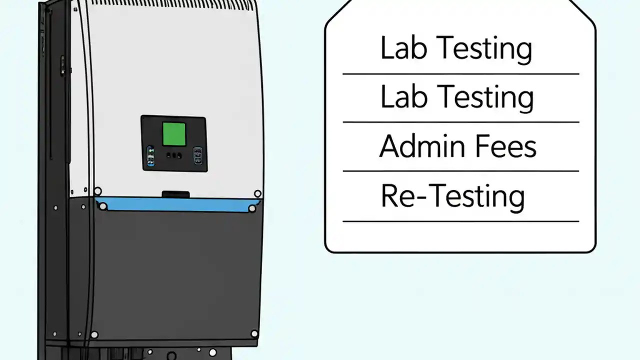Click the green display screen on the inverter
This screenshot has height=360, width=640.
(x=174, y=134)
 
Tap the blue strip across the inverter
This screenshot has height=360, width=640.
(x=177, y=204)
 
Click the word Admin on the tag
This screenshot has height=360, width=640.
(x=421, y=146)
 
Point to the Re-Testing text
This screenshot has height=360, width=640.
(x=453, y=196)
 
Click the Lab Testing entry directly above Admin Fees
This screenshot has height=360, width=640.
(x=457, y=97)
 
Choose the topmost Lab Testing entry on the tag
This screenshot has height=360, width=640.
(x=456, y=48)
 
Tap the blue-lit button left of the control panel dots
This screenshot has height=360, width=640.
(x=150, y=156)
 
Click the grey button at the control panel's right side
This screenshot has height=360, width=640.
(x=197, y=155)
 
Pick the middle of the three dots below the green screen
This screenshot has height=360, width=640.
(x=173, y=155)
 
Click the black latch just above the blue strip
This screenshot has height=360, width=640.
(x=175, y=194)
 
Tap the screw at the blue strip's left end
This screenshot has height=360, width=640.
(x=103, y=206)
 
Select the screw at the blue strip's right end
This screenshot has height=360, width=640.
(x=252, y=208)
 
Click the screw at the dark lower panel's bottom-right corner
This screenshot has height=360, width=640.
(x=254, y=333)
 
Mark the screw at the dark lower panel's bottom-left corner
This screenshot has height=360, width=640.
(x=94, y=334)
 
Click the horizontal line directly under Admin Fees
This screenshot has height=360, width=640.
(x=461, y=171)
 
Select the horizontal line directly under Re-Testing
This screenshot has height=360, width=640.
(x=461, y=221)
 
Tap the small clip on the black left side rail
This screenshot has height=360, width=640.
(x=62, y=65)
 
